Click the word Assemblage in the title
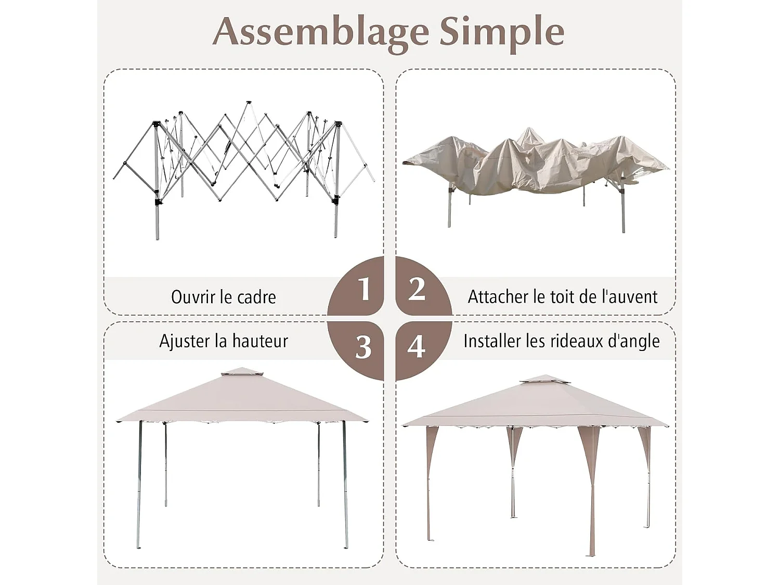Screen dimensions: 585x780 pos(320,32)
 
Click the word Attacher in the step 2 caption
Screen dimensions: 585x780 pos(498,296)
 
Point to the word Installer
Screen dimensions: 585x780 pos(492,341)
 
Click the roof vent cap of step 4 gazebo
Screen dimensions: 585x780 pos(544,380)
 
